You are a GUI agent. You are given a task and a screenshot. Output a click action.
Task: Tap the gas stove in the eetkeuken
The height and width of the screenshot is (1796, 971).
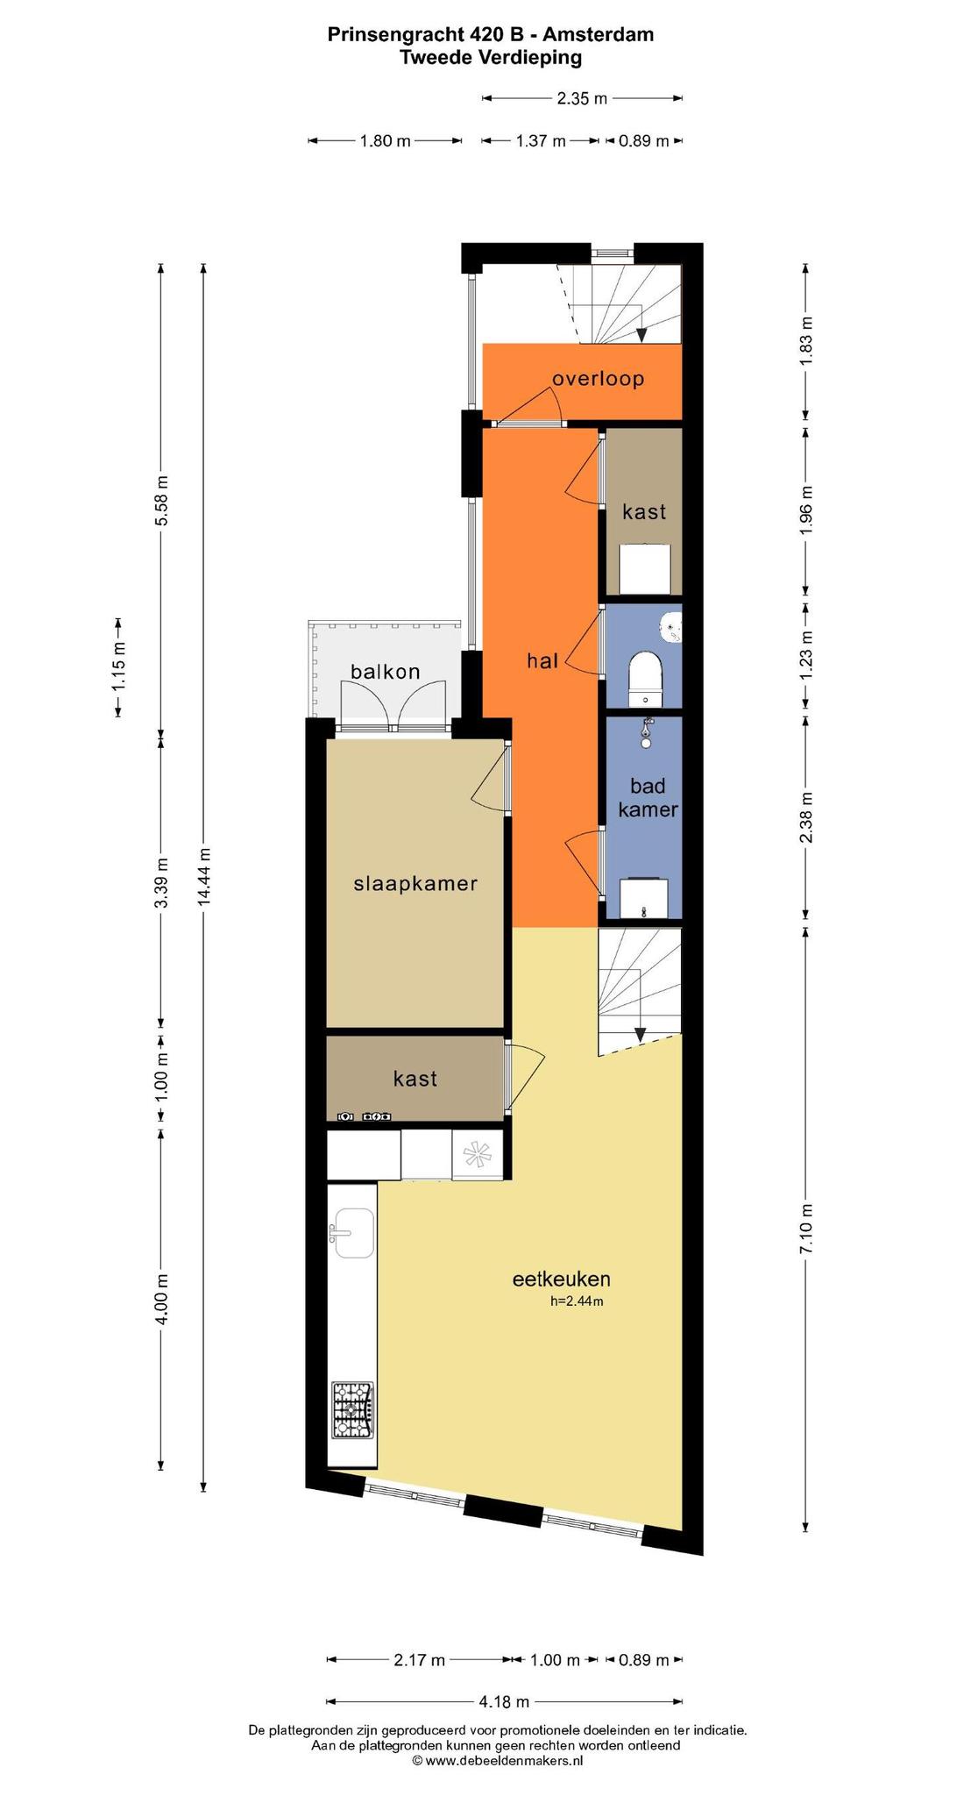tap(351, 1410)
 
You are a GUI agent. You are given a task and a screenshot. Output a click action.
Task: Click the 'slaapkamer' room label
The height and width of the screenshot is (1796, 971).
tap(415, 883)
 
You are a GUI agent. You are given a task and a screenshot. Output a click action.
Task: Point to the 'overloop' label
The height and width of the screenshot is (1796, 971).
tap(598, 379)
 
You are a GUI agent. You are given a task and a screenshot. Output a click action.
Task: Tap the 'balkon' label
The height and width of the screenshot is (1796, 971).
tap(386, 672)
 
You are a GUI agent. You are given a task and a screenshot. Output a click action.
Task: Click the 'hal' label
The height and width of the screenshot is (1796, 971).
tap(542, 661)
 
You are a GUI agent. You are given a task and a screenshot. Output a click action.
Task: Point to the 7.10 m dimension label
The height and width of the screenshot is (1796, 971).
tap(806, 1228)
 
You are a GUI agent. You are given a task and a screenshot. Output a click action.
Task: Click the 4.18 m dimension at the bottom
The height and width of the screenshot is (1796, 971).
tap(504, 1701)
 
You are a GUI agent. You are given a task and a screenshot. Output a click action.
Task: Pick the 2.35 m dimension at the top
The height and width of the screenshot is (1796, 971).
tap(582, 98)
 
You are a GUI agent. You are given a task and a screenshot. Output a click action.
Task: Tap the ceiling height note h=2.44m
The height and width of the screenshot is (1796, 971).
tap(577, 1301)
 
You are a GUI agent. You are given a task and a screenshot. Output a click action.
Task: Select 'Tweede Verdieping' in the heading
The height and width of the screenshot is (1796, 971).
tap(491, 58)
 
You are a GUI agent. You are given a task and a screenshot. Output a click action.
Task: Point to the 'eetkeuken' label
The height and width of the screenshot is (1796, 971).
tap(561, 1279)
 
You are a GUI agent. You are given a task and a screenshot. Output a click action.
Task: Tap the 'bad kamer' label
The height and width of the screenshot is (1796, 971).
tap(649, 797)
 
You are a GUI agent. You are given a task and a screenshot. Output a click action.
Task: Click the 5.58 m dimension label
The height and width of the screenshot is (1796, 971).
tap(161, 500)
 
